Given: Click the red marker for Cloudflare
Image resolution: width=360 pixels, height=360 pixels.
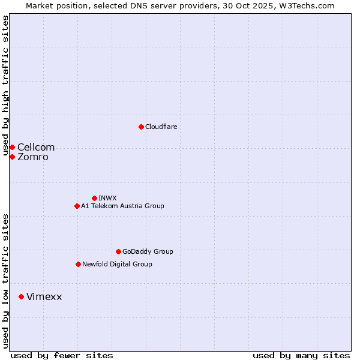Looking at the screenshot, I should click(x=141, y=127).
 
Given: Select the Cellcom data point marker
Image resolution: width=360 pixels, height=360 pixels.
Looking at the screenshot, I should click(x=12, y=147).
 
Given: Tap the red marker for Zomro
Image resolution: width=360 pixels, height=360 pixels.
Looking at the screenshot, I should click(x=12, y=157).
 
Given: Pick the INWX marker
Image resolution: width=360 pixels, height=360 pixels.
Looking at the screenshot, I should click(x=94, y=198).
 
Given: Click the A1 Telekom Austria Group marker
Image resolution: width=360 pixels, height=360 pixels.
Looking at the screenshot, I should click(x=77, y=206).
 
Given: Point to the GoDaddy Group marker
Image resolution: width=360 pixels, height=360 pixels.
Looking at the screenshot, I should click(x=118, y=251).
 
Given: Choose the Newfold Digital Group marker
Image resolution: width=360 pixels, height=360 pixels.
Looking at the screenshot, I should click(x=78, y=264).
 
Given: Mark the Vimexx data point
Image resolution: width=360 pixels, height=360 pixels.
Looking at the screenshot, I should click(x=21, y=296).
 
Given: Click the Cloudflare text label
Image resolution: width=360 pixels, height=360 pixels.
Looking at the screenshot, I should click(x=161, y=127).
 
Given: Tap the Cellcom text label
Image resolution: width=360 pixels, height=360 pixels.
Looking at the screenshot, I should click(x=36, y=147).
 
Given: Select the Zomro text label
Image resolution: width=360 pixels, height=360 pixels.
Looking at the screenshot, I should click(x=33, y=157).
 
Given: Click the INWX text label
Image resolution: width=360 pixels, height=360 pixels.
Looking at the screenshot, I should click(x=107, y=198).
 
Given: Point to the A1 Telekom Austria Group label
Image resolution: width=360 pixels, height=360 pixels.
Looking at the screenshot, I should click(x=122, y=206).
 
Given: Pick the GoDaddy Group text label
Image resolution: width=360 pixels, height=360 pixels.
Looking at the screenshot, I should click(x=148, y=251).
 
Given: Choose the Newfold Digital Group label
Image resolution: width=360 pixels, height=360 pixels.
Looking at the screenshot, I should click(x=117, y=264).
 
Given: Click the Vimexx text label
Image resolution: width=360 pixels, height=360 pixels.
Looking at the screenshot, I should click(x=44, y=296).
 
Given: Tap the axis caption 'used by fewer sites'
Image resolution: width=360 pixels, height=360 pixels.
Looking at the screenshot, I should click(x=62, y=355).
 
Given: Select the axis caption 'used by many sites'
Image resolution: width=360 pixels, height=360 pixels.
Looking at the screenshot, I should click(x=301, y=355).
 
